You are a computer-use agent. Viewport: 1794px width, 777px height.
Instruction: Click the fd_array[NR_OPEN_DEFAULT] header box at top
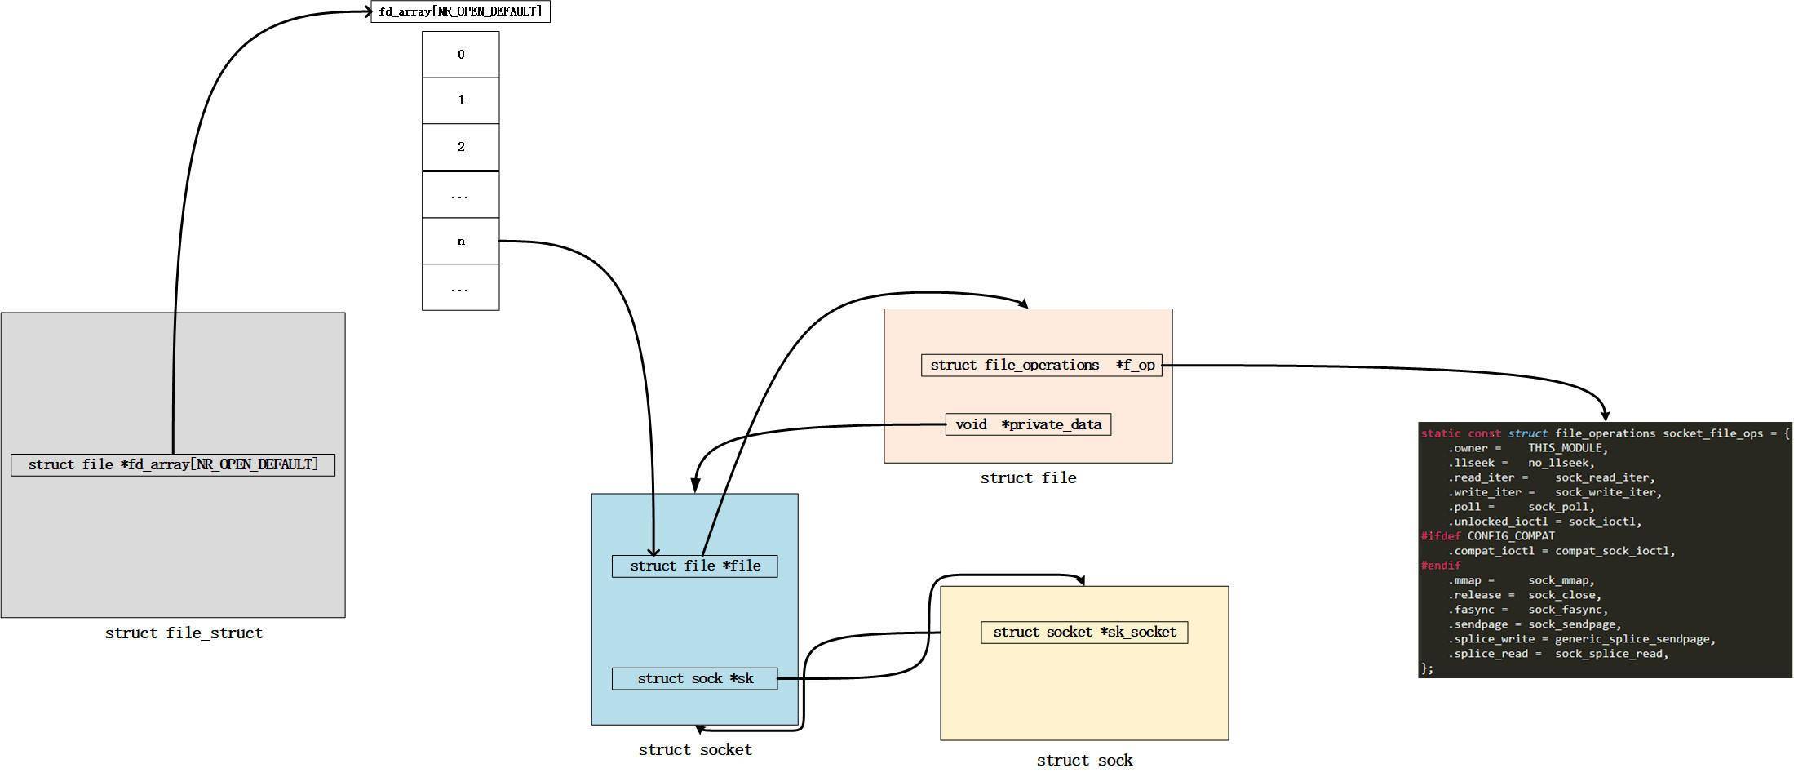460,11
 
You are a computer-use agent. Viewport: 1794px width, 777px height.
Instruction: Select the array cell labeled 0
460,55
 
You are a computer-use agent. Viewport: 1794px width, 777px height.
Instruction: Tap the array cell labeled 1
460,100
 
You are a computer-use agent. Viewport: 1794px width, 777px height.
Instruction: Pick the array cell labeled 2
460,147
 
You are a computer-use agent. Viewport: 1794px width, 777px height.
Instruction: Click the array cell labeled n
460,242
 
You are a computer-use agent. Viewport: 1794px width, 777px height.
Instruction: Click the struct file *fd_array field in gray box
173,465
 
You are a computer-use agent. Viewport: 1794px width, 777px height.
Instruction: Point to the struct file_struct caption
184,633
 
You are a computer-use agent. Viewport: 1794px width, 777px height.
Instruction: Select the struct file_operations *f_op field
1041,366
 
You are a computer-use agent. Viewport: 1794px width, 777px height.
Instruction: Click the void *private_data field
1028,424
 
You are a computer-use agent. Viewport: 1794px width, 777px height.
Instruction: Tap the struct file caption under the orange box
1028,478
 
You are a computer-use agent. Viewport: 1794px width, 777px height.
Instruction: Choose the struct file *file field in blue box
694,566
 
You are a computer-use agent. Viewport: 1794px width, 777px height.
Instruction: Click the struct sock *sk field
694,679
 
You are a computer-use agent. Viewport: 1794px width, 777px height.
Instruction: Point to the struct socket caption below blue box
695,750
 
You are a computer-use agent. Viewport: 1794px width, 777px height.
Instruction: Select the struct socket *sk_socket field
1084,633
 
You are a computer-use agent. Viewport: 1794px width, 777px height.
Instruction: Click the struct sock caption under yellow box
1084,761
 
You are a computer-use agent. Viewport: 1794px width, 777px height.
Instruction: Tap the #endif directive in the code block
1441,566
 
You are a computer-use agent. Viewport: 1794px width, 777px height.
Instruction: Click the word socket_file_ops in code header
1712,433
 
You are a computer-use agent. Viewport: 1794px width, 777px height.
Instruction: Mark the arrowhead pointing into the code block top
1605,416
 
